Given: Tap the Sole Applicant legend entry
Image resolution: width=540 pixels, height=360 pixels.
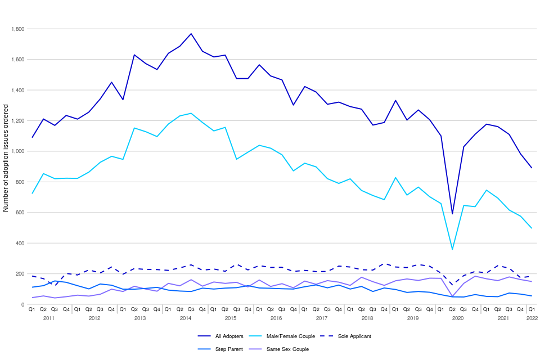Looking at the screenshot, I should pyautogui.click(x=355, y=336).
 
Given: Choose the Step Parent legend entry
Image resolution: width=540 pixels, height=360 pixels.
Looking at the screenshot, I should pyautogui.click(x=232, y=349).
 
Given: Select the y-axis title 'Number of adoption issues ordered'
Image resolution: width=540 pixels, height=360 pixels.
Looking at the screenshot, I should pyautogui.click(x=6, y=167).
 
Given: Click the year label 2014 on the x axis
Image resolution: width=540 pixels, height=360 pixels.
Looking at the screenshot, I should pyautogui.click(x=185, y=319).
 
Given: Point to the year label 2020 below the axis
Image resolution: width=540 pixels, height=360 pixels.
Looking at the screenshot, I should pyautogui.click(x=457, y=319).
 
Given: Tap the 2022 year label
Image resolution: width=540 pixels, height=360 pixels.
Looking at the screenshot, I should pyautogui.click(x=532, y=319).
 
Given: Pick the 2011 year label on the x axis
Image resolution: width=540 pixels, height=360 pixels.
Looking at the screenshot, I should pyautogui.click(x=49, y=319).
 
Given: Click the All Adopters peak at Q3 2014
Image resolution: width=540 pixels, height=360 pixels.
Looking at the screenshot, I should pyautogui.click(x=191, y=34).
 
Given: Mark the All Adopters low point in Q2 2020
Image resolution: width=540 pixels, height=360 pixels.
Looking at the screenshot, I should pyautogui.click(x=452, y=214).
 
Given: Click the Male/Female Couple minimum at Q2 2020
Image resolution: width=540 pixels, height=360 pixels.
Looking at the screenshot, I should pyautogui.click(x=452, y=249).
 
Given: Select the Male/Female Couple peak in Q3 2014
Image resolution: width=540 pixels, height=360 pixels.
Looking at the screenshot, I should pyautogui.click(x=191, y=113).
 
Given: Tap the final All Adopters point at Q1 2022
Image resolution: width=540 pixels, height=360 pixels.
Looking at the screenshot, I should pyautogui.click(x=532, y=168).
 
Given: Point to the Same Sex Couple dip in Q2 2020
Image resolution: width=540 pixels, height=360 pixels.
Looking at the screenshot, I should pyautogui.click(x=452, y=296).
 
